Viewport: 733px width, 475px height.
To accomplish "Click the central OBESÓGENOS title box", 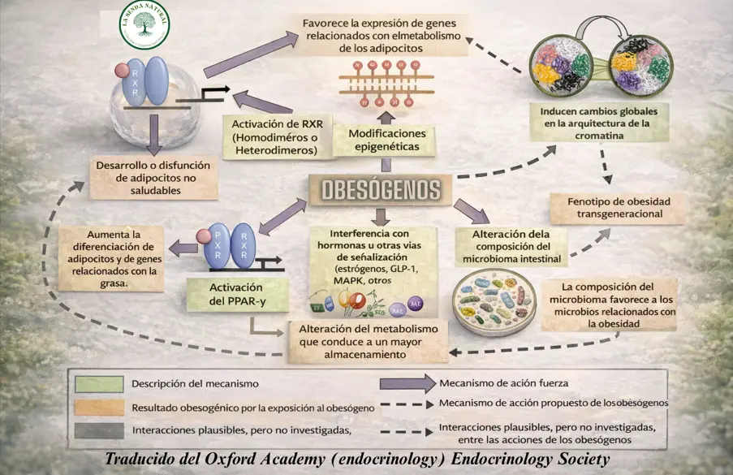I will pos(381,190).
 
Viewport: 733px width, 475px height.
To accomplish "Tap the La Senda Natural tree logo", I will pos(144,24).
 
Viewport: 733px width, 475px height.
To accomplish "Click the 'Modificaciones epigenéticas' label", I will pos(388,140).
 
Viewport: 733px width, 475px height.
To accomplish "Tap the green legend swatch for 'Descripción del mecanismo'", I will pos(99,384).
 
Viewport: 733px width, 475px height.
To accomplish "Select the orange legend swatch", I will pos(99,406).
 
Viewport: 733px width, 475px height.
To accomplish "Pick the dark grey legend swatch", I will pos(99,429).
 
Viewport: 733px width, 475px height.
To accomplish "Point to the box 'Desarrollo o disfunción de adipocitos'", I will pos(154,178).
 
